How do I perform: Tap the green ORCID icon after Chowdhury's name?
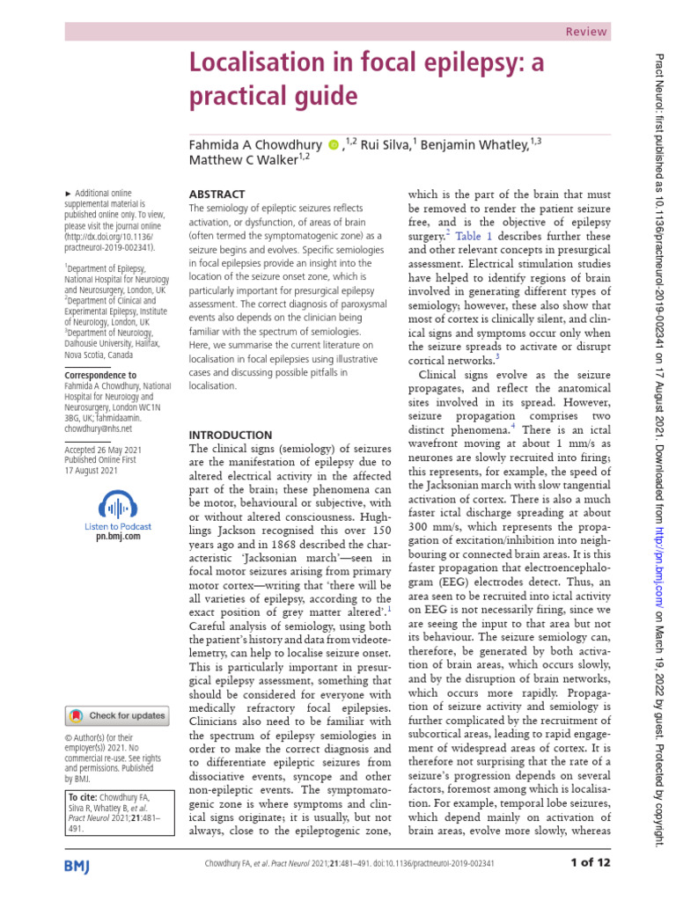tap(334, 144)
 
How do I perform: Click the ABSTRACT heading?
tap(217, 194)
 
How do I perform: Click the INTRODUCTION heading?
tap(231, 435)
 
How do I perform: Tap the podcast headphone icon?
tap(117, 505)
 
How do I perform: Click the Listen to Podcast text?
tap(117, 525)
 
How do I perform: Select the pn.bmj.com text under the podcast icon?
tap(117, 536)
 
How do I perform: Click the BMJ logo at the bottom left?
tap(84, 866)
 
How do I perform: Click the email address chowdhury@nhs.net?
tap(98, 429)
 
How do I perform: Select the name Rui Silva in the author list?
tap(382, 144)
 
